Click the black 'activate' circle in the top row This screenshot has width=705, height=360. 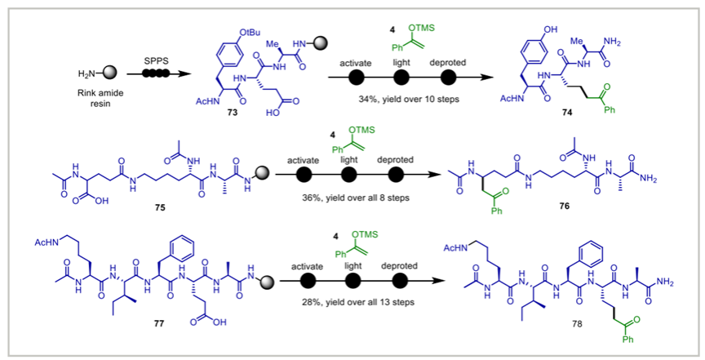357,78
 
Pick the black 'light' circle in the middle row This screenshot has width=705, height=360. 349,175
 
